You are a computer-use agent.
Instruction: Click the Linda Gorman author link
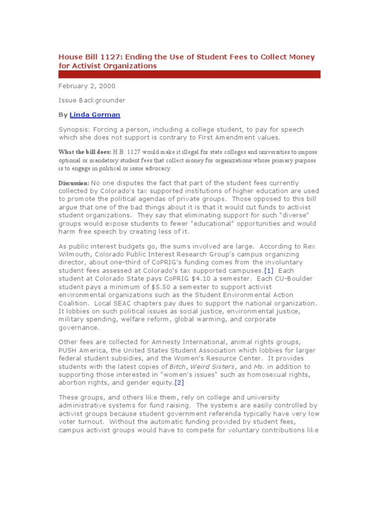pyautogui.click(x=95, y=115)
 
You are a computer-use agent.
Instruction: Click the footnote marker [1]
pyautogui.click(x=268, y=271)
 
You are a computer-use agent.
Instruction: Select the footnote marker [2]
pyautogui.click(x=179, y=382)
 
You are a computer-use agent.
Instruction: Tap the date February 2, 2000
pyautogui.click(x=87, y=86)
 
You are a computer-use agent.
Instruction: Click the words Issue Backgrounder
pyautogui.click(x=92, y=100)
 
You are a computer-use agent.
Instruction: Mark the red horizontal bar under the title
pyautogui.click(x=189, y=74)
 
